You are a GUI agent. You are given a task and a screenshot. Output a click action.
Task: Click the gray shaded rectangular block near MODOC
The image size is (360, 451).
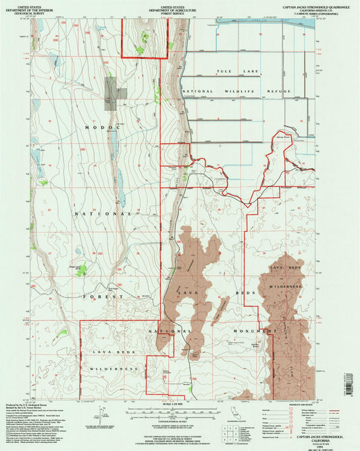coord(111,91)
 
